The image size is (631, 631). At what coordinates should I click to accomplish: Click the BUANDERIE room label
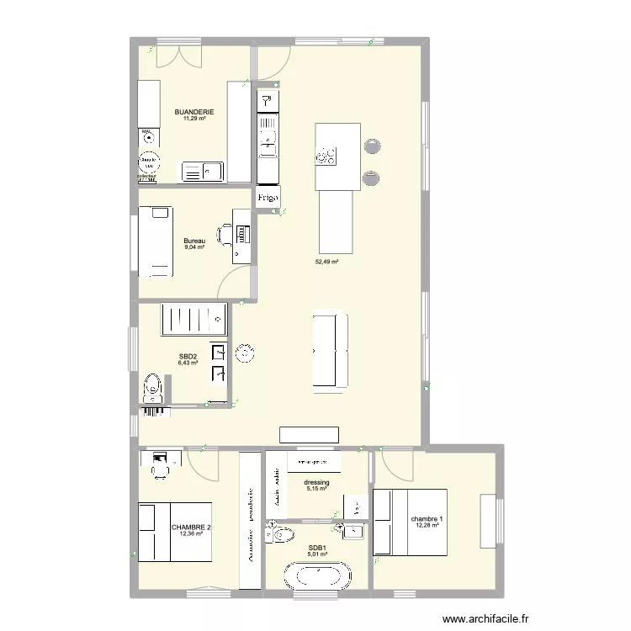tap(194, 112)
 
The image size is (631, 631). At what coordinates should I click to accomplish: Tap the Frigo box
tap(268, 199)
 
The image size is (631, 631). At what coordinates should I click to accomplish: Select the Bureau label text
tap(194, 241)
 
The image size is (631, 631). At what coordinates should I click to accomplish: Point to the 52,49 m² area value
tap(326, 262)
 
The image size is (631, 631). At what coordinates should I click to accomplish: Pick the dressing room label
tap(317, 483)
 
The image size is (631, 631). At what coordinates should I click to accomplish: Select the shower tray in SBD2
tap(194, 319)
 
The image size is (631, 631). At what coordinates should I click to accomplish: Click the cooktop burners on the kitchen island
tap(326, 156)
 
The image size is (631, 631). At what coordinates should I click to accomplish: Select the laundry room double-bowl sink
tap(203, 172)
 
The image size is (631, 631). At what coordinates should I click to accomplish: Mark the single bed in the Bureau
tap(153, 240)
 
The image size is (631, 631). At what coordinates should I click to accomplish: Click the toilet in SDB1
tap(279, 533)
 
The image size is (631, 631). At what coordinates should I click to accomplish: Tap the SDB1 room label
tap(317, 548)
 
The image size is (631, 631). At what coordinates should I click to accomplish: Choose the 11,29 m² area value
tap(194, 119)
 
